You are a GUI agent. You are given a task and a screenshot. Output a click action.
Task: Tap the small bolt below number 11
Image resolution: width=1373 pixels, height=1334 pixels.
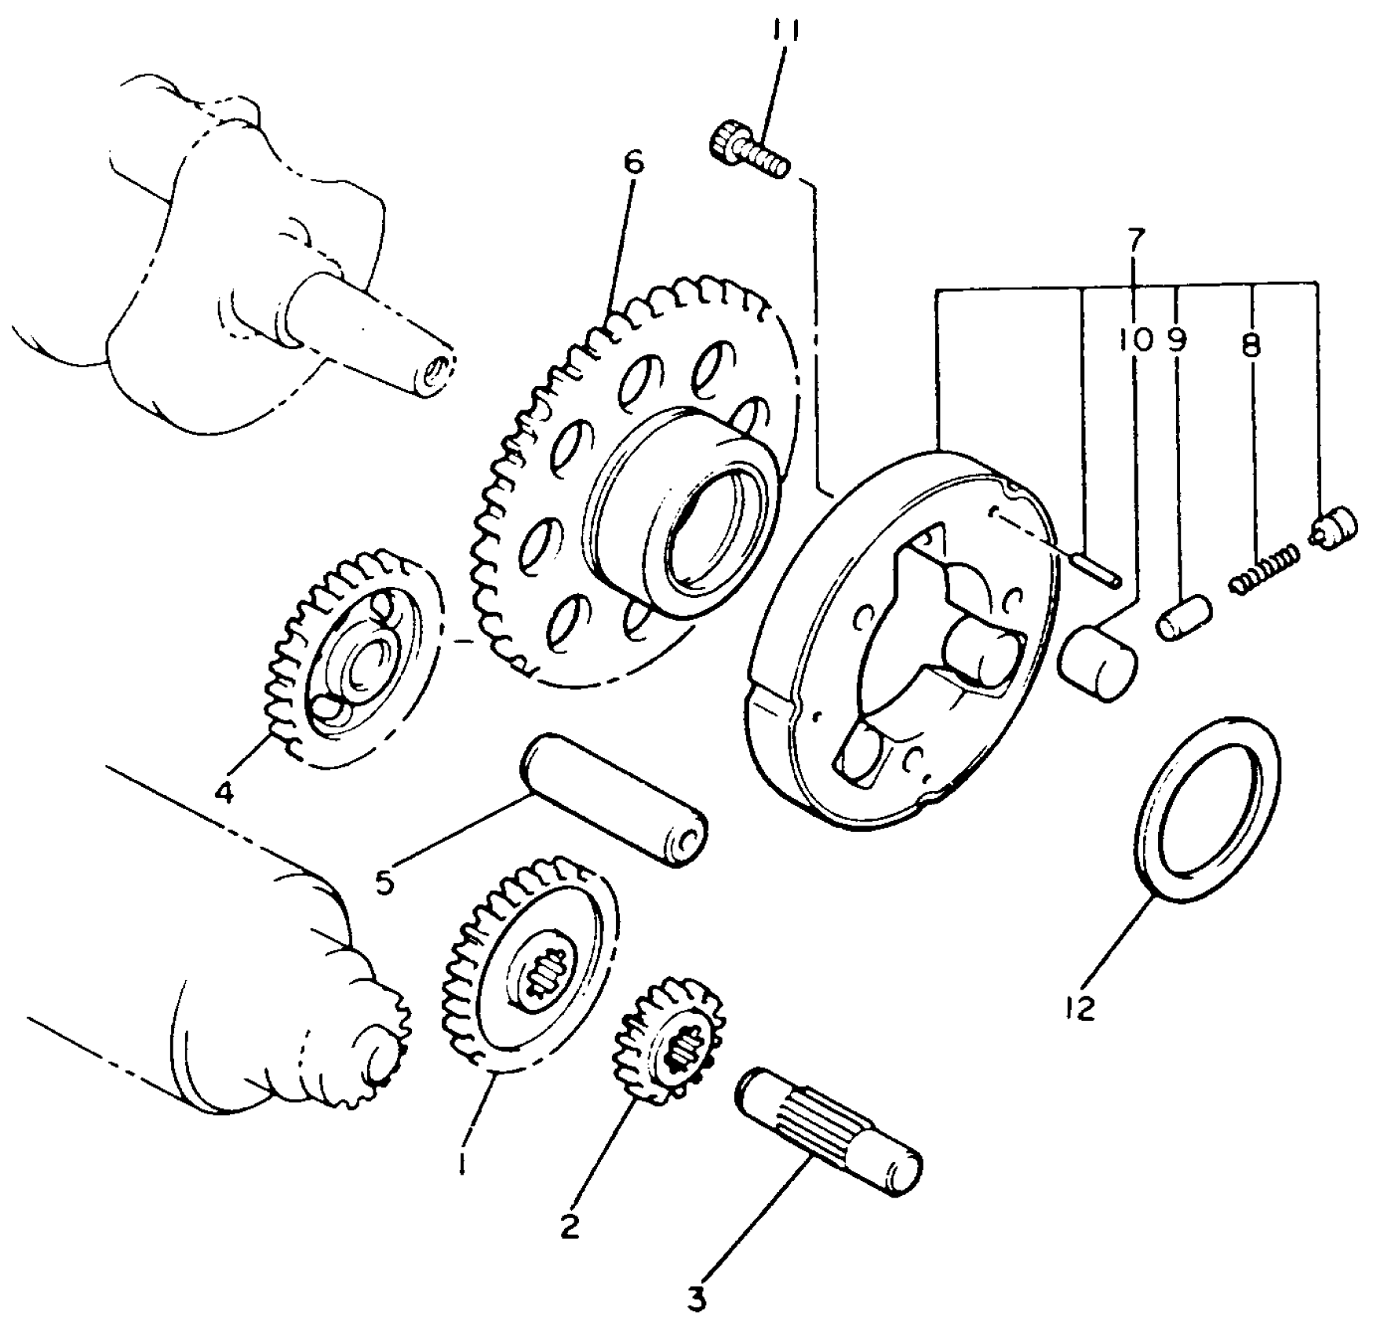tap(748, 153)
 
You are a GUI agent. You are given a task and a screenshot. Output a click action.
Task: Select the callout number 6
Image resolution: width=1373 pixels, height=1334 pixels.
tap(633, 163)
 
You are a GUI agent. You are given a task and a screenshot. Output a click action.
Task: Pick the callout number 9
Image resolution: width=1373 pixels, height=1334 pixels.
tap(1177, 340)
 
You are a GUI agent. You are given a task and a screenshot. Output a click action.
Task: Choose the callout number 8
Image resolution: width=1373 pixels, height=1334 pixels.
tap(1251, 344)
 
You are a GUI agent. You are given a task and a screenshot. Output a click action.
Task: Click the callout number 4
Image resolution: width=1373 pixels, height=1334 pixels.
tap(224, 793)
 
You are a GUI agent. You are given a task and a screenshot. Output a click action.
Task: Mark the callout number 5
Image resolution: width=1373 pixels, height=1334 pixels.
tap(384, 883)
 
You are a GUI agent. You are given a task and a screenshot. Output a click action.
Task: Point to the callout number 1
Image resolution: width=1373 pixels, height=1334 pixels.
tap(464, 1161)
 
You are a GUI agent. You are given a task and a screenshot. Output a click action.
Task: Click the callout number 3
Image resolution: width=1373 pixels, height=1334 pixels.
tap(697, 1299)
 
